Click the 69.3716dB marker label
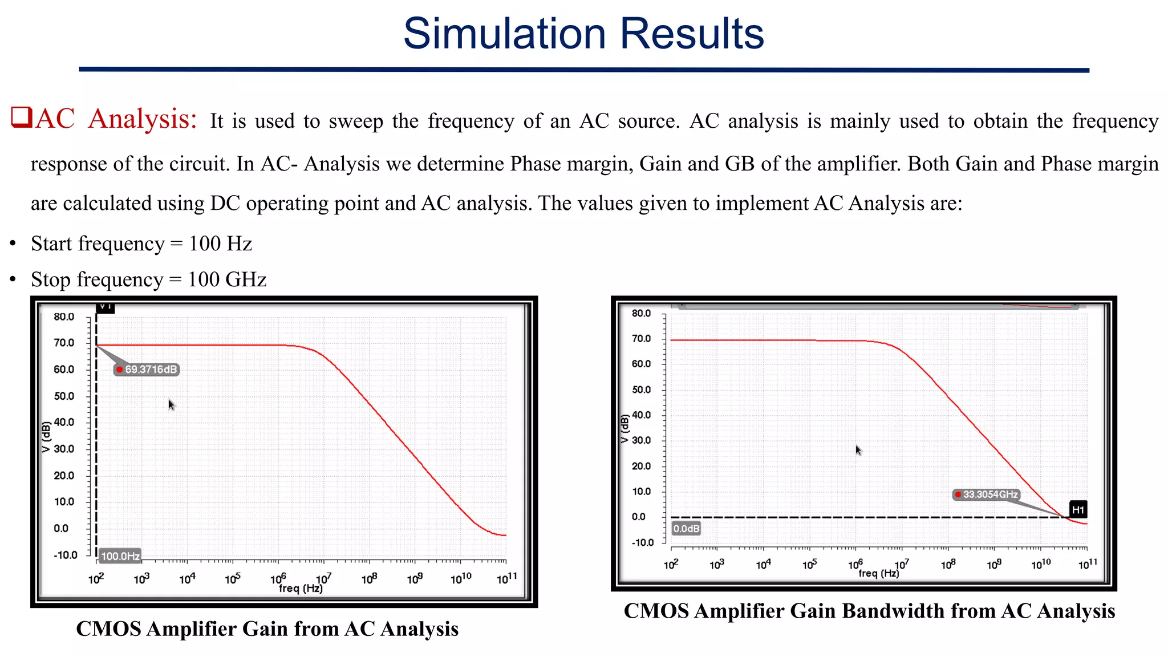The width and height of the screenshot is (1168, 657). click(147, 370)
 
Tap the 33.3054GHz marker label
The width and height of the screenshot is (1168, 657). click(987, 494)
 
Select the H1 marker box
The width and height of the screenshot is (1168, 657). click(1077, 510)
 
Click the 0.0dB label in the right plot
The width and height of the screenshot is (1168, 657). click(686, 529)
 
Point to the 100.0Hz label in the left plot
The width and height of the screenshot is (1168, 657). click(120, 556)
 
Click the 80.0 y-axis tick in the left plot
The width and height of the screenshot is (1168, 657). click(64, 317)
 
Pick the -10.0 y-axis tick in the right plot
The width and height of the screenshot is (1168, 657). click(642, 542)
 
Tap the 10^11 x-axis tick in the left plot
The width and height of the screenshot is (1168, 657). click(506, 579)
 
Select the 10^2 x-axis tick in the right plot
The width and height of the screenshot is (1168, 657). click(671, 565)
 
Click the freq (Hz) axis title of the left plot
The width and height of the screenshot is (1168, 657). click(301, 588)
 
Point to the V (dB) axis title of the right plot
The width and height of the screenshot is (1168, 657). click(624, 429)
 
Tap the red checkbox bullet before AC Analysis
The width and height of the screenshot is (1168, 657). click(21, 117)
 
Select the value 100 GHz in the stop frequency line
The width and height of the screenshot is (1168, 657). click(227, 279)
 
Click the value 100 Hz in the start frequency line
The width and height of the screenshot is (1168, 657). click(220, 244)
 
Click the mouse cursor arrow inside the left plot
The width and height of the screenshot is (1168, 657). click(171, 404)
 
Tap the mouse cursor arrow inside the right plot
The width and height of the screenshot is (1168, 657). click(858, 450)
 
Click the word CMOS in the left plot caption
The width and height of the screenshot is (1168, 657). click(108, 629)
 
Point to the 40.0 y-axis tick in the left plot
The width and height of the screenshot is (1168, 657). click(64, 422)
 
